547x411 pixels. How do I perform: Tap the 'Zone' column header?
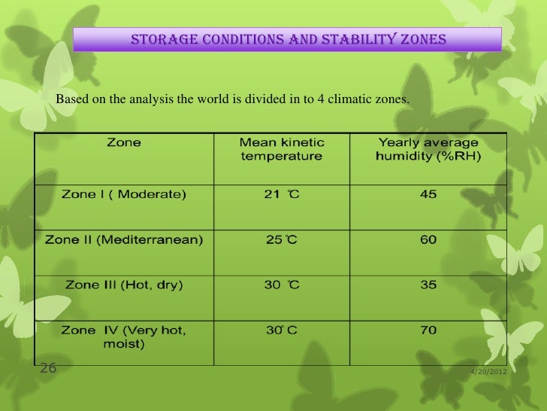tap(123, 142)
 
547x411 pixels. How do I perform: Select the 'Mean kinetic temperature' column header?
tap(282, 149)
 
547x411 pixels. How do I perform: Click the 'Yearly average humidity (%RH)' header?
tap(428, 149)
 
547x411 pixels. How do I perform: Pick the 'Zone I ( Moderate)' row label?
tap(123, 194)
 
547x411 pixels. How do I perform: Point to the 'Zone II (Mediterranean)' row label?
tap(123, 240)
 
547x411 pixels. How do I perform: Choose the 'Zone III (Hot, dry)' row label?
tap(123, 285)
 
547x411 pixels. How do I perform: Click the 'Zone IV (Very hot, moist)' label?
tap(123, 336)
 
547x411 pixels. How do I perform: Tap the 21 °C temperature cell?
tap(282, 194)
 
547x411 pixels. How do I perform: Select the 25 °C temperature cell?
tap(282, 240)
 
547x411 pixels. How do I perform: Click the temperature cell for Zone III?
tap(282, 285)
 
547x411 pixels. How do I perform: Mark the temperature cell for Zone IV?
tap(282, 330)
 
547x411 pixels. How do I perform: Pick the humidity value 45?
tap(428, 194)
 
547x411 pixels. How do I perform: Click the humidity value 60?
tap(428, 240)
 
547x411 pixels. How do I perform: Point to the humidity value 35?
tap(428, 285)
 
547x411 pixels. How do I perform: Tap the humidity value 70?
tap(428, 330)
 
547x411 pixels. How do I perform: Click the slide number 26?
tap(47, 368)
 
